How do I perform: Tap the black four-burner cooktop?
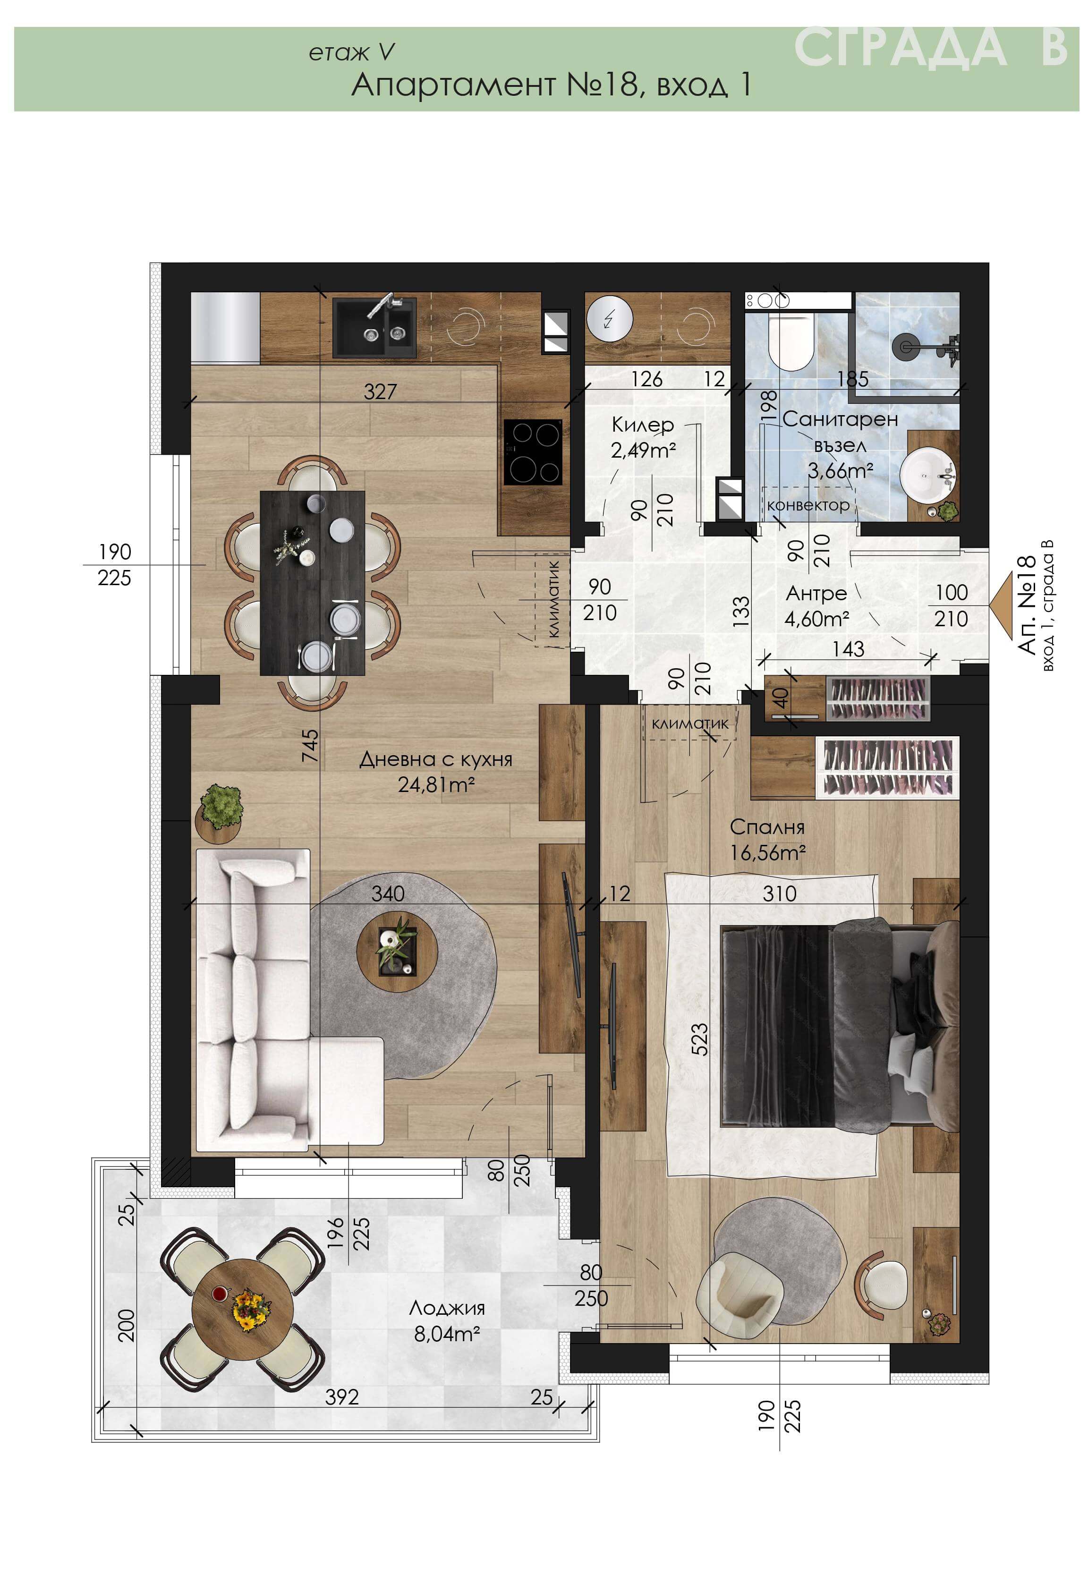click(533, 452)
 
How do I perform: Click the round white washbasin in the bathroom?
click(928, 475)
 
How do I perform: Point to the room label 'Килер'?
click(642, 425)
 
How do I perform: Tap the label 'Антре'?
click(816, 594)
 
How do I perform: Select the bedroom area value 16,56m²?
click(768, 852)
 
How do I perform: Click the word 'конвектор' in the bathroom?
click(808, 505)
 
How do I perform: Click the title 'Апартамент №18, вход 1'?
click(552, 85)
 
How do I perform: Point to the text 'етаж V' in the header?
click(352, 52)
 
